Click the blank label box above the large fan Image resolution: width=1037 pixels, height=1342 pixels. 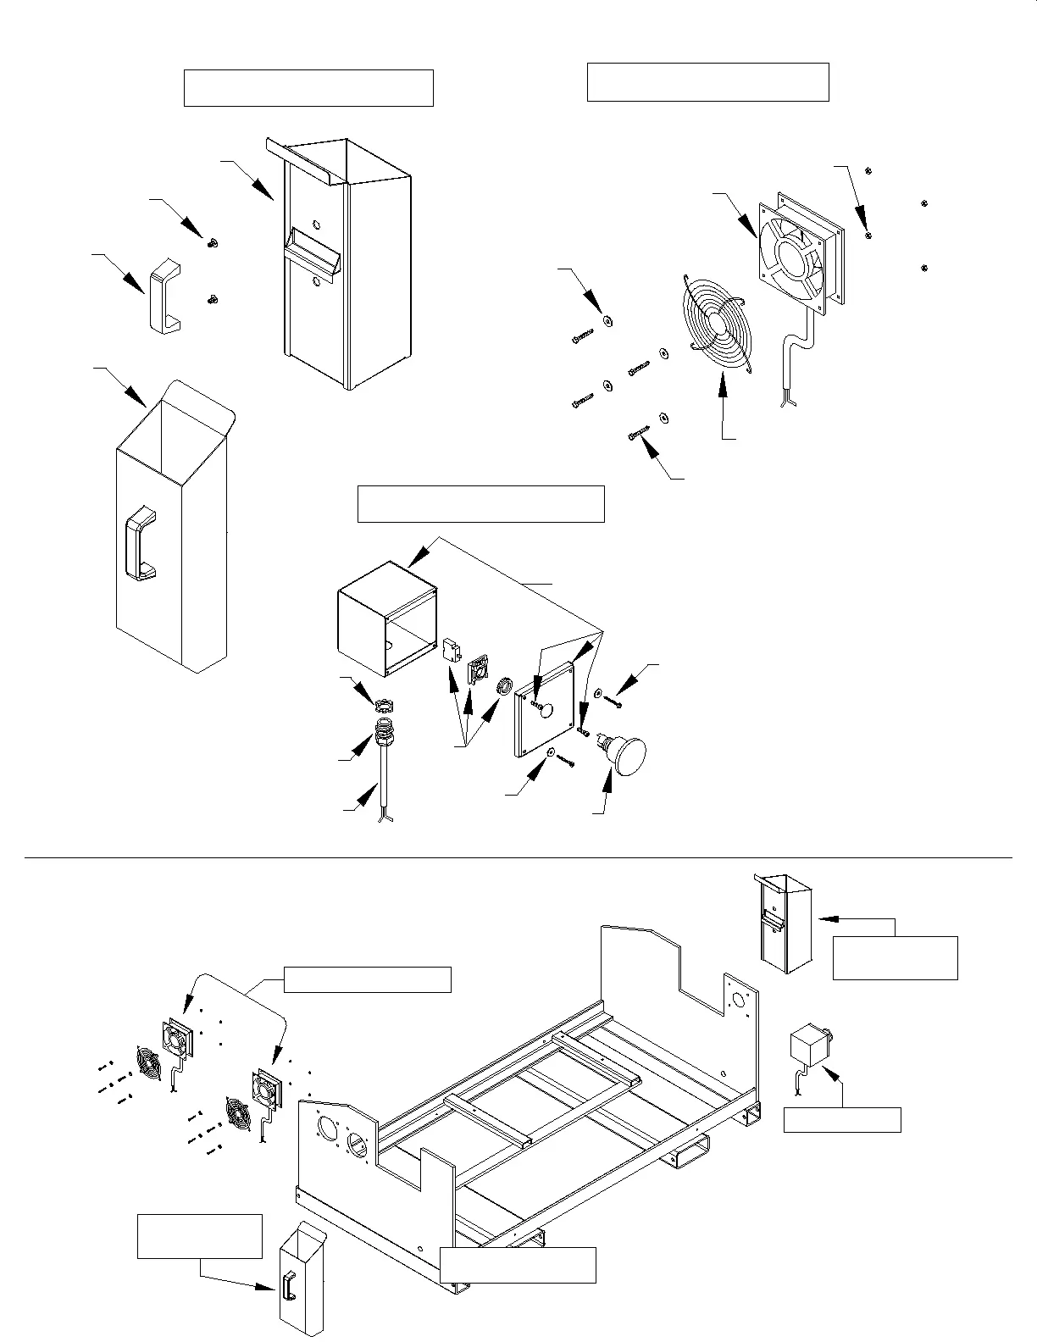[707, 81]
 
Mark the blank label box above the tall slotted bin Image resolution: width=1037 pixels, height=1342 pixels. [308, 88]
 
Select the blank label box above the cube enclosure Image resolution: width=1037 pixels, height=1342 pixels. [481, 504]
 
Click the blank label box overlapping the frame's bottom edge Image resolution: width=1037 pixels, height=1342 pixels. [517, 1264]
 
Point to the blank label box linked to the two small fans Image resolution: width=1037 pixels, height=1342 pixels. [367, 979]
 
